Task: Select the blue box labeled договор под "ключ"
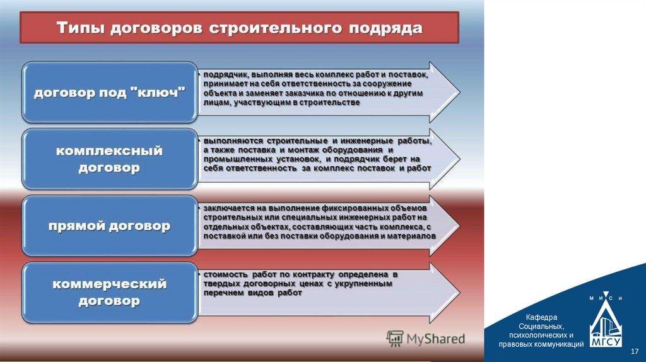[x=109, y=93]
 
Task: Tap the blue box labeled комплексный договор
[x=109, y=160]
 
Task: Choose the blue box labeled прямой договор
[x=109, y=226]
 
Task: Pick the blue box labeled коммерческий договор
[x=109, y=293]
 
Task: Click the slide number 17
[x=635, y=351]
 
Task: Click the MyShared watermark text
[x=435, y=339]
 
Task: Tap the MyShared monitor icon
[x=395, y=339]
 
